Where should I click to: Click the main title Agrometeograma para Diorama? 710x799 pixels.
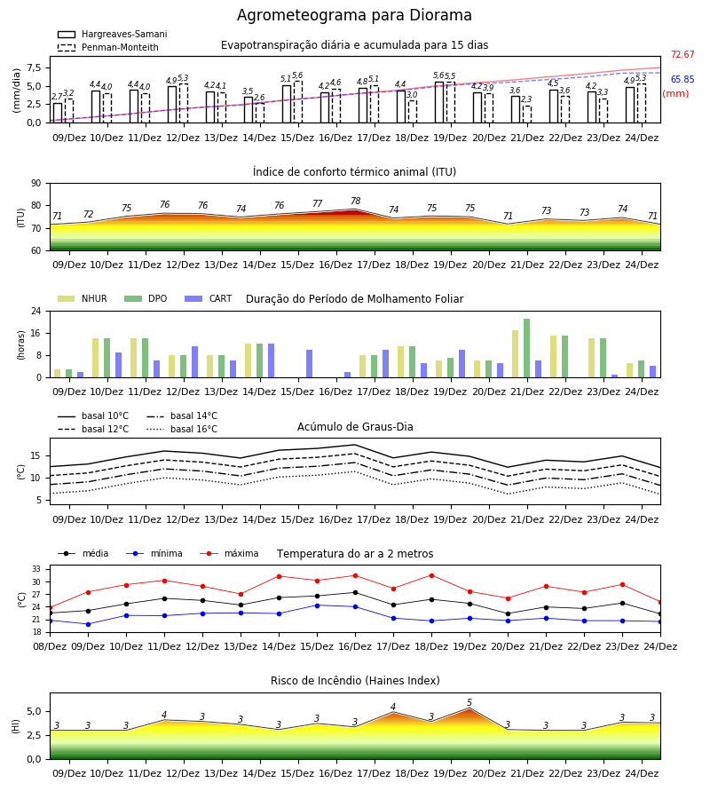tap(354, 15)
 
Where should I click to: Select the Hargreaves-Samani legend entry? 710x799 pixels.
tap(112, 34)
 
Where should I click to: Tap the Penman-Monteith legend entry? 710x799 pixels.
tap(108, 47)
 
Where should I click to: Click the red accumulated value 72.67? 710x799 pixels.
tap(682, 54)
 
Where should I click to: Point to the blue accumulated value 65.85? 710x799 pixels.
tap(682, 79)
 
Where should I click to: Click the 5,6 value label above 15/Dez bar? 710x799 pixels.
tap(297, 75)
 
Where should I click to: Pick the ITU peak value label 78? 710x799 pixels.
tap(356, 201)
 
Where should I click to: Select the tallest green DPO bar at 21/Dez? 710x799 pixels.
tap(526, 348)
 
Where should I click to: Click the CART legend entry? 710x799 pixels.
tap(209, 298)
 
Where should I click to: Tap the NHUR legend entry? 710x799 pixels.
tap(83, 298)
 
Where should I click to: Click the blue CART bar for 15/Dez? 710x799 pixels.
tap(309, 364)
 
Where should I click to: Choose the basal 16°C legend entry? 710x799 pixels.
tap(182, 429)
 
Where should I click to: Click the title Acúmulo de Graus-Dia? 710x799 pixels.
tap(355, 426)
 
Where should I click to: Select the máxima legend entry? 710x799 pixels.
tap(229, 553)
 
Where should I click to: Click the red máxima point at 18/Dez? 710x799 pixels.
tap(432, 576)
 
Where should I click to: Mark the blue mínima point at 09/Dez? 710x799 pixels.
tap(88, 624)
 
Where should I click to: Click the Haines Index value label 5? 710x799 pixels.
tap(469, 703)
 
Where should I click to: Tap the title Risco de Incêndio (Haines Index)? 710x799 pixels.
tap(355, 681)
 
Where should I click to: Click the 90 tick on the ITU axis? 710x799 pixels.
tap(36, 184)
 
